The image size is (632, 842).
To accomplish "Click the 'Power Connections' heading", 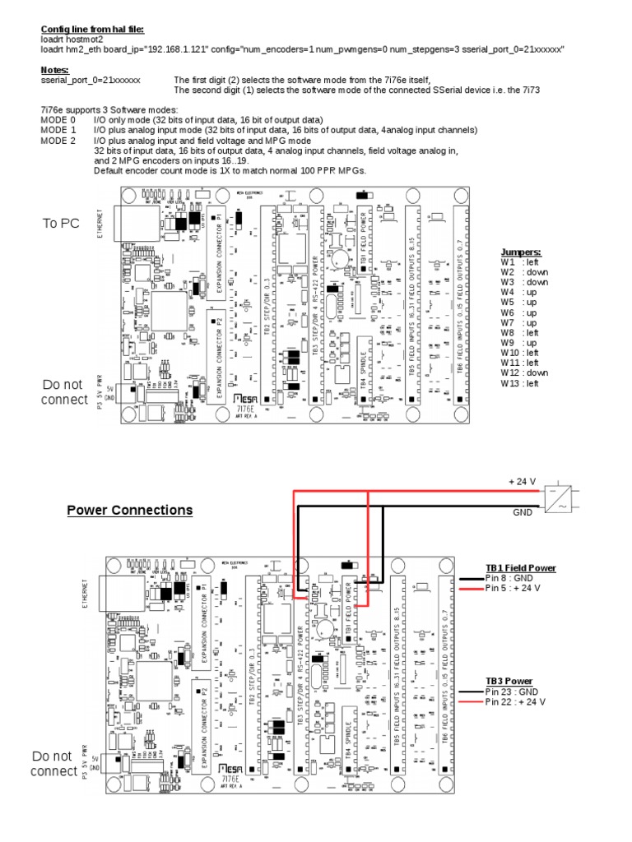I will (129, 511).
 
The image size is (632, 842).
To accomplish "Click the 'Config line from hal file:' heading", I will (92, 29).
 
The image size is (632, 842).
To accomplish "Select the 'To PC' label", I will (61, 224).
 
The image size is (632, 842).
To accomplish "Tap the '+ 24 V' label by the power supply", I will (522, 482).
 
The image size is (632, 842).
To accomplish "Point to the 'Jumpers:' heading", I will (520, 252).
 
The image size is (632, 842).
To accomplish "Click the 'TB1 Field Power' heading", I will (520, 568).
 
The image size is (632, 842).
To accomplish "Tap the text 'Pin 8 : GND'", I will (510, 578).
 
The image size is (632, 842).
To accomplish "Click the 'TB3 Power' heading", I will (509, 682).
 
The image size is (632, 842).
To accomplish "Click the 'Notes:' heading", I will (54, 70).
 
